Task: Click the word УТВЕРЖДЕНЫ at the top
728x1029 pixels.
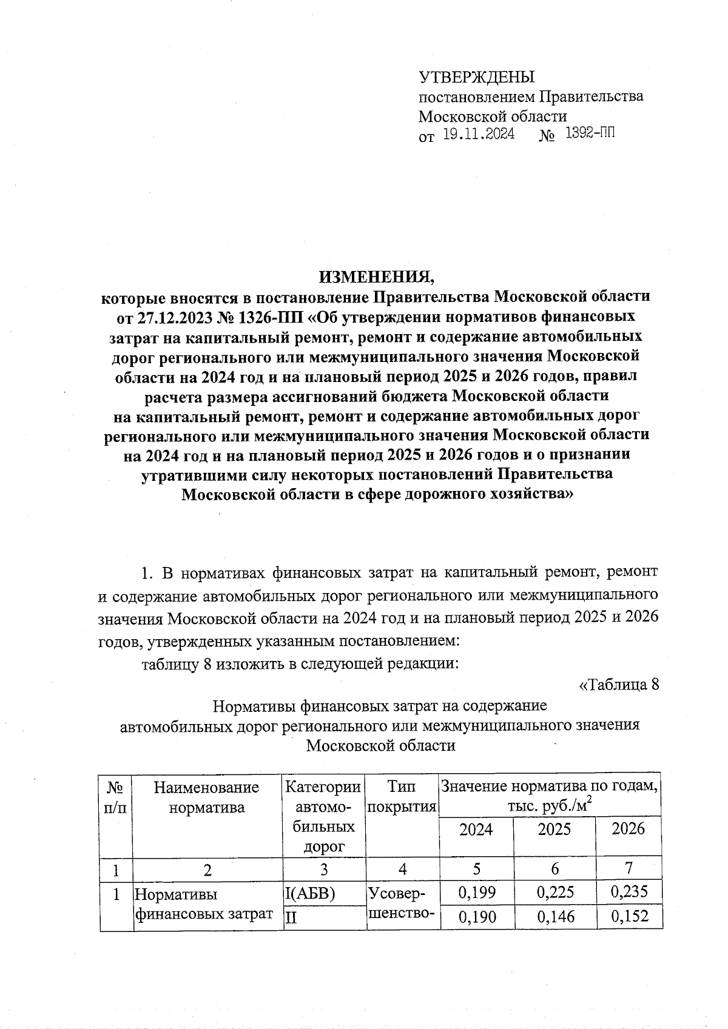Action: (x=477, y=77)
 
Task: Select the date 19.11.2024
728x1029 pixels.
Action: (x=478, y=134)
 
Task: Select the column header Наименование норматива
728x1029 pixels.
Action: (x=207, y=797)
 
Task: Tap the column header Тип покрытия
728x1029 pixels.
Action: (x=402, y=797)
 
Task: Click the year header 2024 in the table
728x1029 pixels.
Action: (x=476, y=829)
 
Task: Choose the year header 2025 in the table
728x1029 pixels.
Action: (x=554, y=829)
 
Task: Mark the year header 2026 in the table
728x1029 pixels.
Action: (x=629, y=829)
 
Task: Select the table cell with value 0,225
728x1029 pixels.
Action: (x=555, y=892)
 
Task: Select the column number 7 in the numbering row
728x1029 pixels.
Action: (x=629, y=869)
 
